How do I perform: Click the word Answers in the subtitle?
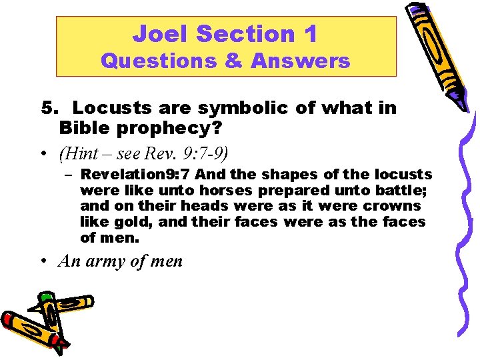(300, 61)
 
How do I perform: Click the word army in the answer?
(105, 261)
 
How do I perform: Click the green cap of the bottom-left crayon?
(45, 297)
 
